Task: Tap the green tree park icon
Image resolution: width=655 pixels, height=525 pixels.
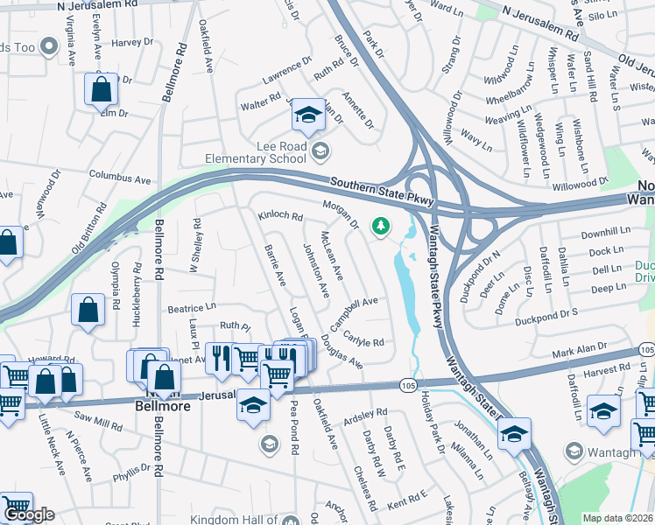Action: pyautogui.click(x=381, y=227)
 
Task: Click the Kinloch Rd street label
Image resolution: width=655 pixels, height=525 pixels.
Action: pyautogui.click(x=280, y=215)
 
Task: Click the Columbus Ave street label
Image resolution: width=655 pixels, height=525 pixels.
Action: pyautogui.click(x=120, y=178)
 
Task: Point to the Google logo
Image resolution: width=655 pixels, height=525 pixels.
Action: pyautogui.click(x=28, y=514)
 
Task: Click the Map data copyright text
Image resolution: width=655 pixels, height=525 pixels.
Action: pyautogui.click(x=618, y=518)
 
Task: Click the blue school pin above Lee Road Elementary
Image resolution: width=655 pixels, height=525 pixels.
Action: pyautogui.click(x=307, y=115)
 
